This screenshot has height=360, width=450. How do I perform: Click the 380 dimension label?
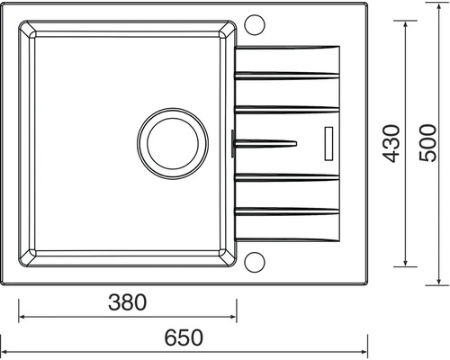coord(128,302)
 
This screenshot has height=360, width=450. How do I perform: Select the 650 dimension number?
coord(184,337)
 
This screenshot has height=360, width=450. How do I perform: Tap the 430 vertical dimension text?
coord(391,144)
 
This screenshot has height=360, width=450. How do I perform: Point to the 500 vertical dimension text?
coord(427,143)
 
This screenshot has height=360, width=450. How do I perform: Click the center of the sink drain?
coord(173,144)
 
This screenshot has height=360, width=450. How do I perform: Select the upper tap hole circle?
coord(255,25)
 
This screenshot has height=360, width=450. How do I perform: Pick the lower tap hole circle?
coord(255,262)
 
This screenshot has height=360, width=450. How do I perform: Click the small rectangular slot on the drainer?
coord(328,144)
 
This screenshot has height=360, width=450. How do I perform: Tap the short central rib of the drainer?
coord(265,143)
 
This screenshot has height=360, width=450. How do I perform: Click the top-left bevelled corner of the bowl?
coord(27,30)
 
